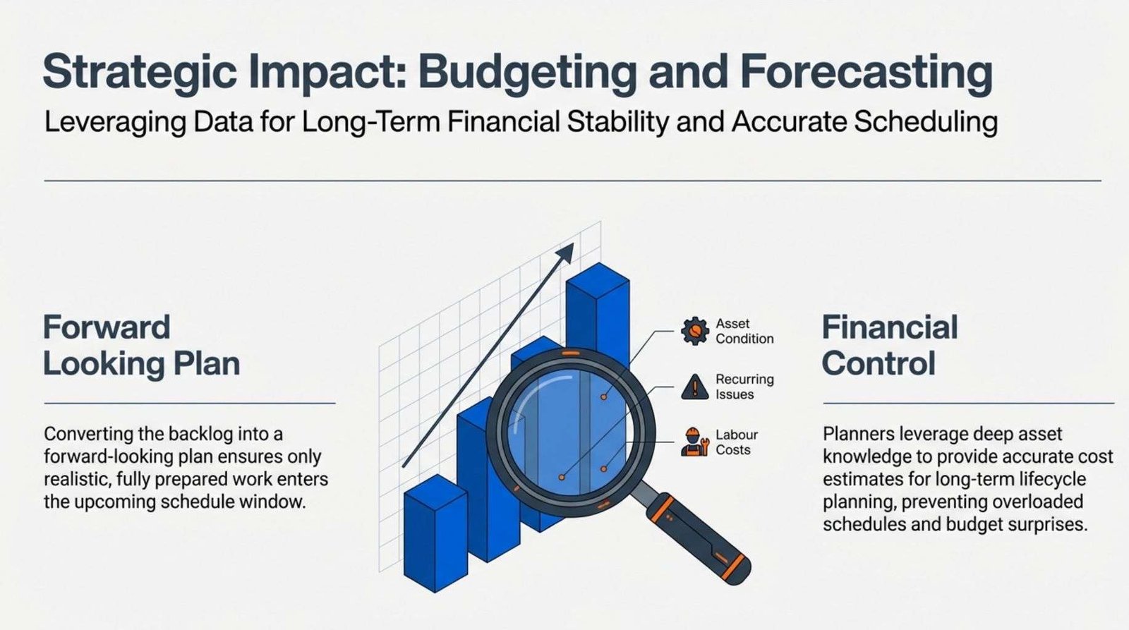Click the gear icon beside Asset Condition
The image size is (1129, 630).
[x=695, y=331]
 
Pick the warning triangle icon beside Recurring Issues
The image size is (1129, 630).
[x=695, y=387]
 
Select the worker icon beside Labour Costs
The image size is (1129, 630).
[x=695, y=442]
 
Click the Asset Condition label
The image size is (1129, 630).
[x=744, y=331]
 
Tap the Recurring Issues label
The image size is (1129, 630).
[x=744, y=387]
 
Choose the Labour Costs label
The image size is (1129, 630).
[x=737, y=442]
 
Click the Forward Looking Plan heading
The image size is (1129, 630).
[x=142, y=346]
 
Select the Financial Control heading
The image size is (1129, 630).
[x=890, y=346]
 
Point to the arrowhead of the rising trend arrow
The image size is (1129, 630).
[x=567, y=251]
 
